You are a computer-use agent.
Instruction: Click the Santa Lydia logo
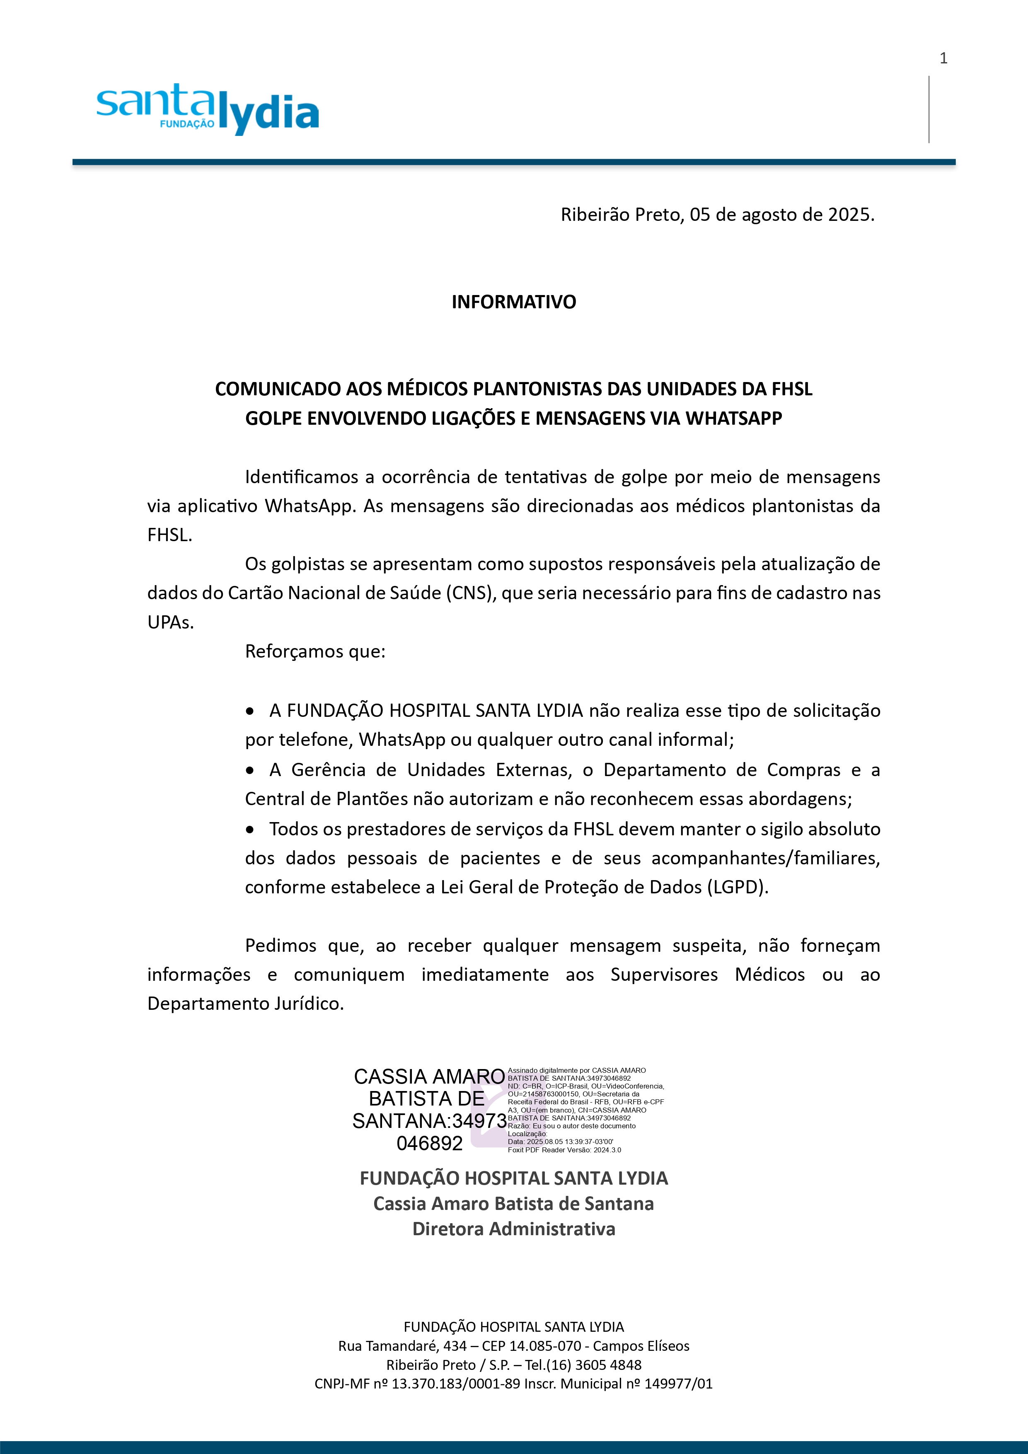[207, 109]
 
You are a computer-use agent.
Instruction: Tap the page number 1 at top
[943, 59]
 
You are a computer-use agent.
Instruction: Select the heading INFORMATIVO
[514, 302]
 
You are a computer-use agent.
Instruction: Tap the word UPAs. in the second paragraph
[170, 622]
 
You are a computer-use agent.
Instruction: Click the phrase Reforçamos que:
[315, 652]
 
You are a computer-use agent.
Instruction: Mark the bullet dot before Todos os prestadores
[250, 830]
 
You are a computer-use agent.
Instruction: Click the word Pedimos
[281, 946]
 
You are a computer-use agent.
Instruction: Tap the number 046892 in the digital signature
[429, 1143]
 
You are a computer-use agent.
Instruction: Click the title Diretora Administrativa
[514, 1229]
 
